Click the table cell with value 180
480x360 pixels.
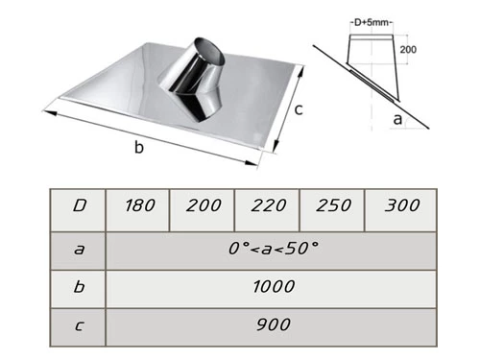pos(137,210)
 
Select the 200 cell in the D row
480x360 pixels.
pos(203,210)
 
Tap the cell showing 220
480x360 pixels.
pos(267,210)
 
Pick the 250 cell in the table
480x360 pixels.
pos(332,210)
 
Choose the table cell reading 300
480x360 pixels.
pos(400,210)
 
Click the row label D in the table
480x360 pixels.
pos(80,205)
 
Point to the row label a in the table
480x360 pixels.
pos(80,249)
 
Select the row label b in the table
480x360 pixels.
pos(79,286)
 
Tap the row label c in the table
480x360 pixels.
pos(80,325)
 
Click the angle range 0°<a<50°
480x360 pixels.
pos(274,249)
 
